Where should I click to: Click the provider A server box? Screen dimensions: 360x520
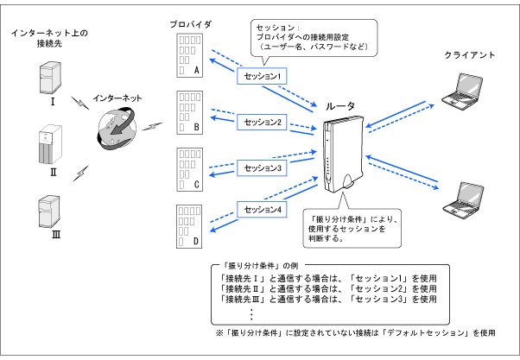coord(189,54)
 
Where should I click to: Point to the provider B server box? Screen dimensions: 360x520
coord(189,111)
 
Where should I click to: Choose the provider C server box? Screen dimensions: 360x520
coord(189,167)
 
